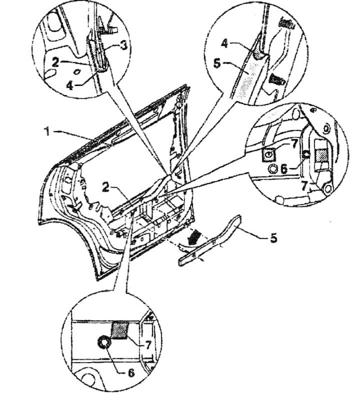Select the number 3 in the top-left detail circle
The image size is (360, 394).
(x=124, y=45)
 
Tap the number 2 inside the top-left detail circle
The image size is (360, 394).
(x=55, y=62)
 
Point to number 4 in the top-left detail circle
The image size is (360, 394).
(x=70, y=86)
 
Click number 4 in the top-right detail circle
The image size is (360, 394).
(x=224, y=44)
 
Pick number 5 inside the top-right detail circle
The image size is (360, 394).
(x=217, y=63)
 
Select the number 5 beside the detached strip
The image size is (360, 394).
(x=274, y=237)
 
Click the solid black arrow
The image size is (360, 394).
(x=193, y=237)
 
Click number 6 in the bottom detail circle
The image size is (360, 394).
(x=130, y=372)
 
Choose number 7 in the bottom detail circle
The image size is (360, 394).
(x=148, y=345)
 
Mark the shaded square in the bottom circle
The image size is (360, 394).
(x=120, y=331)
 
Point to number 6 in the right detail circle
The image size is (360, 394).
(x=283, y=168)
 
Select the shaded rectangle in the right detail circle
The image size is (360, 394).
(x=321, y=154)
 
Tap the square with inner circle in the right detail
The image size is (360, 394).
(x=269, y=155)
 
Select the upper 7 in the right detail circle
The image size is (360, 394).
(x=294, y=144)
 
